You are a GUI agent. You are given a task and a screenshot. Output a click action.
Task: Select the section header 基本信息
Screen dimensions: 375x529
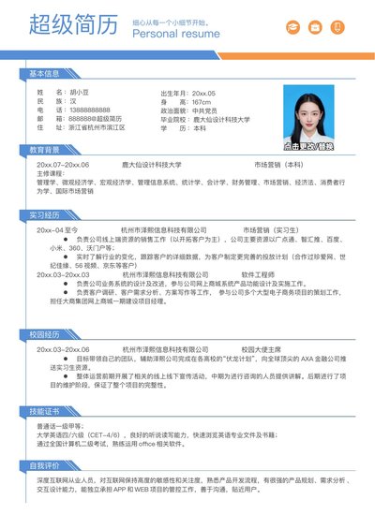[x=44, y=72]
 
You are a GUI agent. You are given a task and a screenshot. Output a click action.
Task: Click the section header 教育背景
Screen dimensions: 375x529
[x=44, y=150]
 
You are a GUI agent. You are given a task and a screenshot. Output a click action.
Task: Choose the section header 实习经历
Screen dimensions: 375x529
[x=44, y=214]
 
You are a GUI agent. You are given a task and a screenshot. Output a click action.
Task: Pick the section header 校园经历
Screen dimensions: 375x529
[x=44, y=333]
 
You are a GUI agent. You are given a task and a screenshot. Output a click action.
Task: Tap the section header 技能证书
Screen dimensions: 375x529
[x=44, y=410]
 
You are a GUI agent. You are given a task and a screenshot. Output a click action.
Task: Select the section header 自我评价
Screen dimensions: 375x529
[x=44, y=464]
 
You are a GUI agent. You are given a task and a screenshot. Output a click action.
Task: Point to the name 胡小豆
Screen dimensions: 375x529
[x=81, y=94]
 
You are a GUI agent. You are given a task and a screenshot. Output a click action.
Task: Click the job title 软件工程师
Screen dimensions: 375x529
[x=258, y=274]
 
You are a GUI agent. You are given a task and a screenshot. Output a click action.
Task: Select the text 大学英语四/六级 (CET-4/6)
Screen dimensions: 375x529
[x=79, y=434]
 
